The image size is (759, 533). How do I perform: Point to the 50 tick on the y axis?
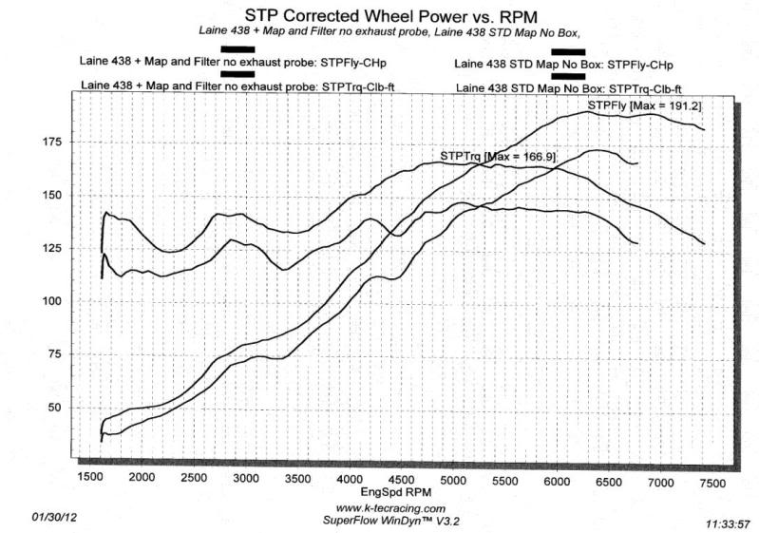click(x=52, y=408)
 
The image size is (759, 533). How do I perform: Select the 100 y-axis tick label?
click(x=48, y=301)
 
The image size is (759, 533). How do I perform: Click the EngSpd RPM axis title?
click(x=399, y=493)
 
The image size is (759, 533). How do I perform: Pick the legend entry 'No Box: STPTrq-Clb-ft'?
click(x=569, y=88)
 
